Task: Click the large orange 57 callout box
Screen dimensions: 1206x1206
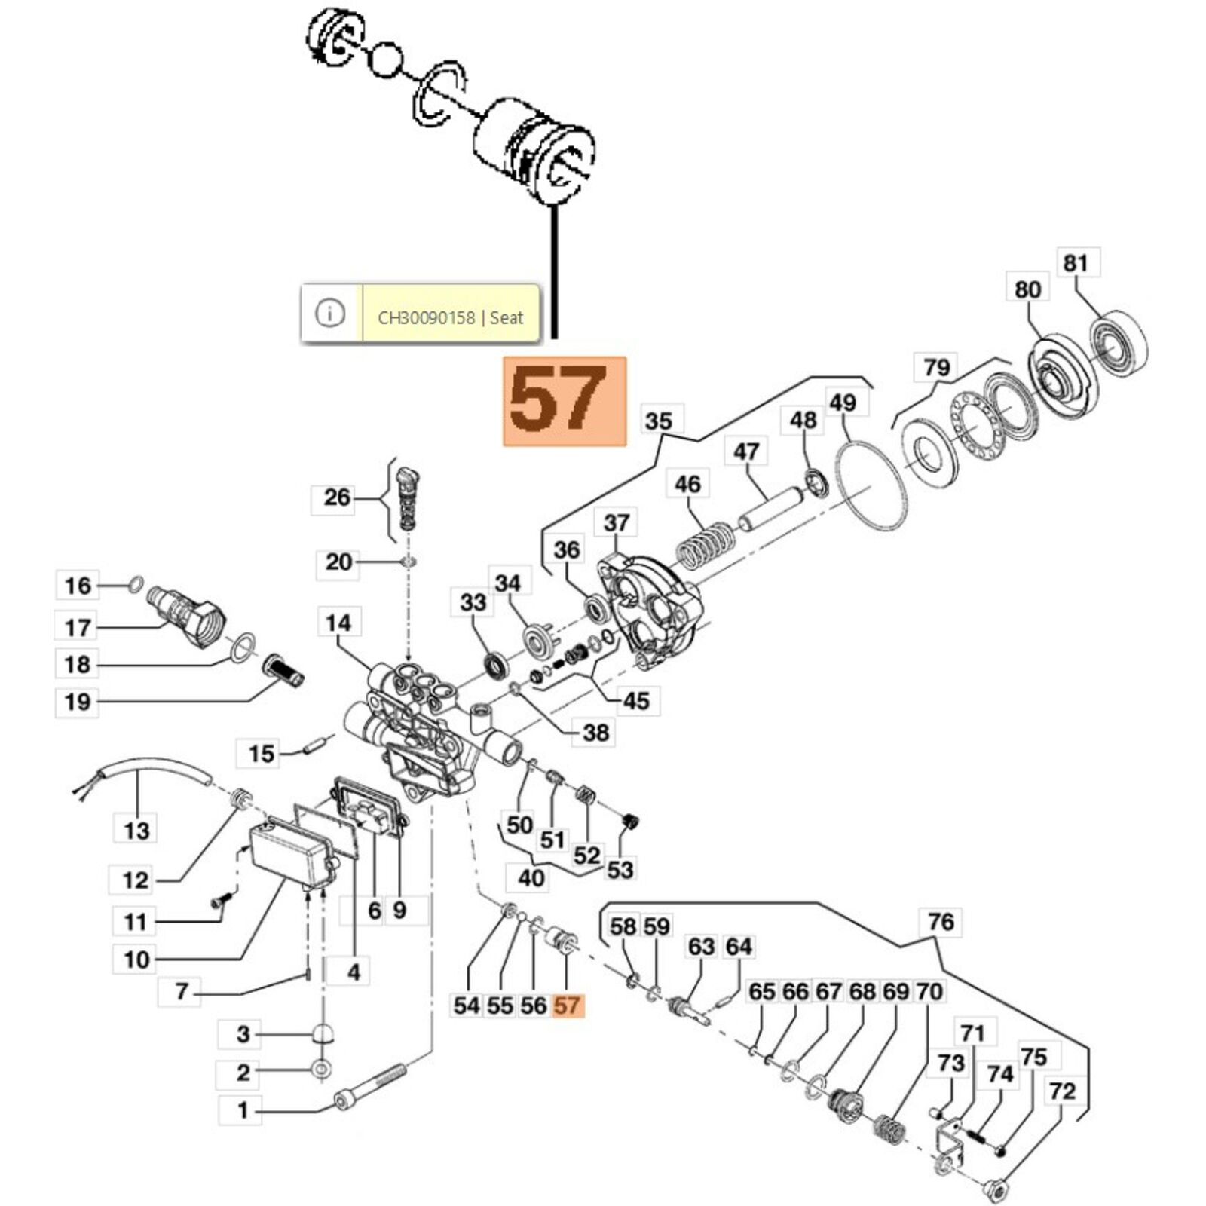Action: (x=565, y=400)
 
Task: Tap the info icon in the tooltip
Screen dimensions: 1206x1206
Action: (x=330, y=313)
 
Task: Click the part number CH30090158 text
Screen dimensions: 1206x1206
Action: (x=426, y=317)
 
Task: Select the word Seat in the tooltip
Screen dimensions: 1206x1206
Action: (x=507, y=317)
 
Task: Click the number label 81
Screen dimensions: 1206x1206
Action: (x=1076, y=263)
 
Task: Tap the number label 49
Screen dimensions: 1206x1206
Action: (x=842, y=403)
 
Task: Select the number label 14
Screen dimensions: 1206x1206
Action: (x=338, y=623)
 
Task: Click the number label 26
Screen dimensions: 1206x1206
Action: (x=336, y=497)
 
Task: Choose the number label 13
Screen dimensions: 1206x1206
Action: (x=136, y=831)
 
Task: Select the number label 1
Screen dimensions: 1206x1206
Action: (x=242, y=1110)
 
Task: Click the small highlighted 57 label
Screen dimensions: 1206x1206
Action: (x=567, y=1005)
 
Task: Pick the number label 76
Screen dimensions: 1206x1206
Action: (x=941, y=921)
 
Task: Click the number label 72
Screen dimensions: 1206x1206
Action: (x=1062, y=1091)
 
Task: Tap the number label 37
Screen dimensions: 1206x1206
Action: (x=616, y=522)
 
